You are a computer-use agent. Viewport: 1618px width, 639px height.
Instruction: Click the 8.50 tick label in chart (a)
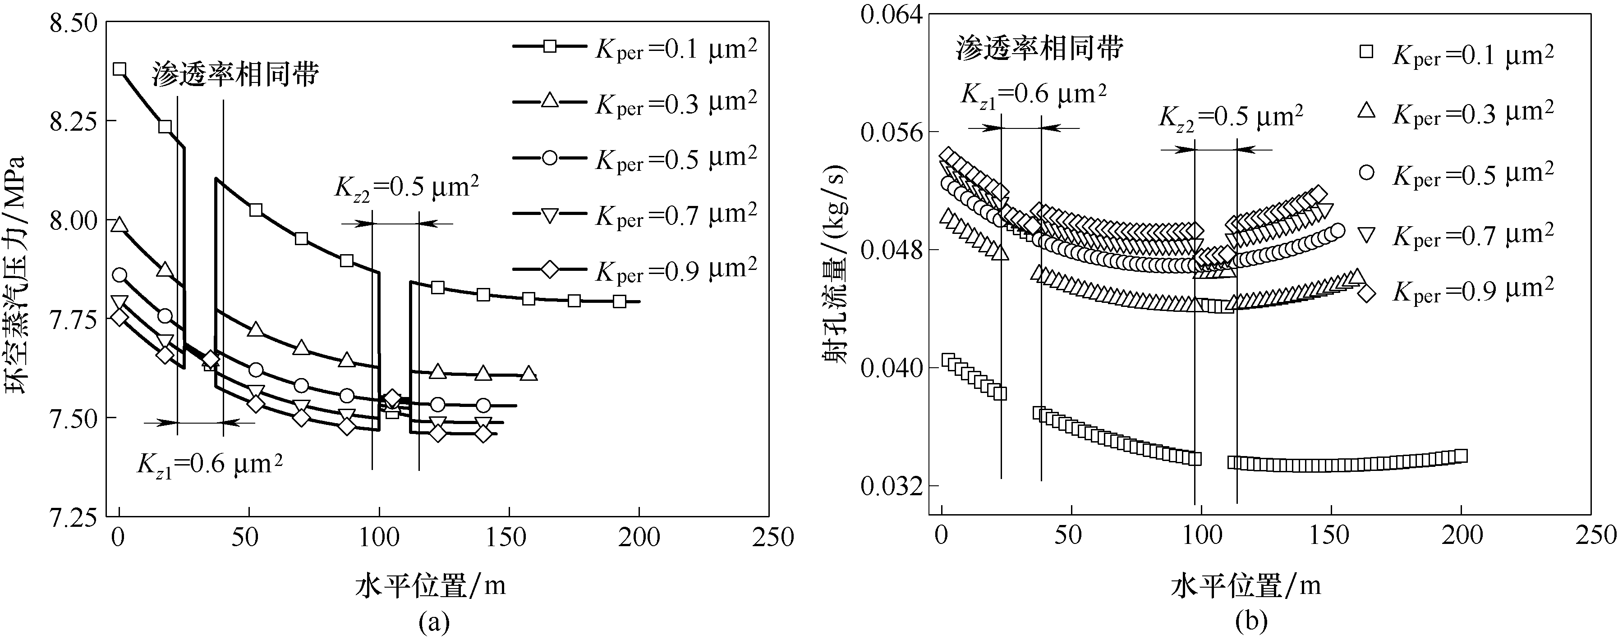(74, 23)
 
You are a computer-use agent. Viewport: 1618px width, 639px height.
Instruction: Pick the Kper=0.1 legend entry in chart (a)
(634, 48)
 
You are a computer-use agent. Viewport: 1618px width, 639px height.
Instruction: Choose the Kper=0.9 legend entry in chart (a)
(634, 270)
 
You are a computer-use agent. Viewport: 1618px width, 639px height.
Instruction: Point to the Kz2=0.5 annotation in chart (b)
(1231, 117)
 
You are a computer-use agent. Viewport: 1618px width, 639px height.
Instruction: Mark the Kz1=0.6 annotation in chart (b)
(1033, 94)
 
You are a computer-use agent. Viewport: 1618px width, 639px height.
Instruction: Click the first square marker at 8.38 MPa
(120, 69)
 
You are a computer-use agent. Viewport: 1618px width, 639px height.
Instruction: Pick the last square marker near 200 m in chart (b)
(1461, 456)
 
